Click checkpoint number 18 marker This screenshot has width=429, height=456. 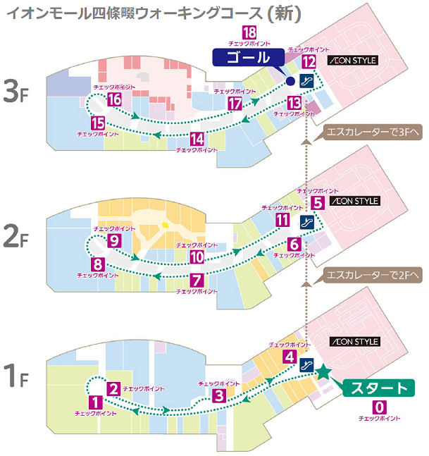249,32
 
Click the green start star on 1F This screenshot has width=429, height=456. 323,372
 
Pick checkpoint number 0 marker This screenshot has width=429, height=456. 380,407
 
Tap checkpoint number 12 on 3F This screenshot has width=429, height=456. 309,62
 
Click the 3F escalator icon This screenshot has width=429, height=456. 306,81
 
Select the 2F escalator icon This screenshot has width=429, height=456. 306,223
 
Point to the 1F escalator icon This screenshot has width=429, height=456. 306,365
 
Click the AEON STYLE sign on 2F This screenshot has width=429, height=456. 356,201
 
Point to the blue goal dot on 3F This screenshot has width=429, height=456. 289,82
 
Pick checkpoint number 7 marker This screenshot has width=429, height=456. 197,279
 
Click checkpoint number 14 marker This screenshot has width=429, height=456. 198,138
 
